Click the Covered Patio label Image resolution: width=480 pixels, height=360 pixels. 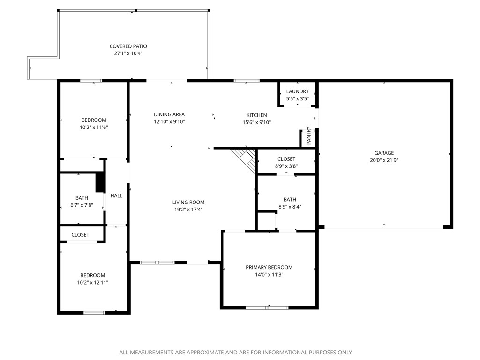click(128, 46)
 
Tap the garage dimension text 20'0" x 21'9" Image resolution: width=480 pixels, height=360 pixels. click(384, 160)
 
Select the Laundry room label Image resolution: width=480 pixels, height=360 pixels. click(297, 91)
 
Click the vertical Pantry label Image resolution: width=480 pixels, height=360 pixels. click(309, 136)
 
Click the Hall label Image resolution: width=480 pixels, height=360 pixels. click(116, 195)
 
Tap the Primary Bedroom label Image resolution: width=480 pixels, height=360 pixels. click(269, 267)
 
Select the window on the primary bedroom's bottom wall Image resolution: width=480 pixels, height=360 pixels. click(267, 308)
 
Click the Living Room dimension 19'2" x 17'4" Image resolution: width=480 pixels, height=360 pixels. click(187, 210)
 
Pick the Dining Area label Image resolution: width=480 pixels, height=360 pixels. click(169, 114)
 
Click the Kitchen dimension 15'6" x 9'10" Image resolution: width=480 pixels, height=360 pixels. click(257, 122)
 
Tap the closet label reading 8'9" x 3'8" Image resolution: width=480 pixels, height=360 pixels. click(286, 166)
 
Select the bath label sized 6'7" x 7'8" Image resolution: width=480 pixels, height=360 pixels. click(82, 205)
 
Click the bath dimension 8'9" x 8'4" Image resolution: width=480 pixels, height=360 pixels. click(290, 207)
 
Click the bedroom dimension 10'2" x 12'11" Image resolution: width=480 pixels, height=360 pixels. click(92, 282)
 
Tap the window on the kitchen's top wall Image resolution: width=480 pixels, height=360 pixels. click(247, 81)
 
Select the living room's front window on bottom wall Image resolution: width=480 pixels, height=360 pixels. click(157, 262)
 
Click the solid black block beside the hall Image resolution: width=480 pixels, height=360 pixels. click(100, 182)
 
